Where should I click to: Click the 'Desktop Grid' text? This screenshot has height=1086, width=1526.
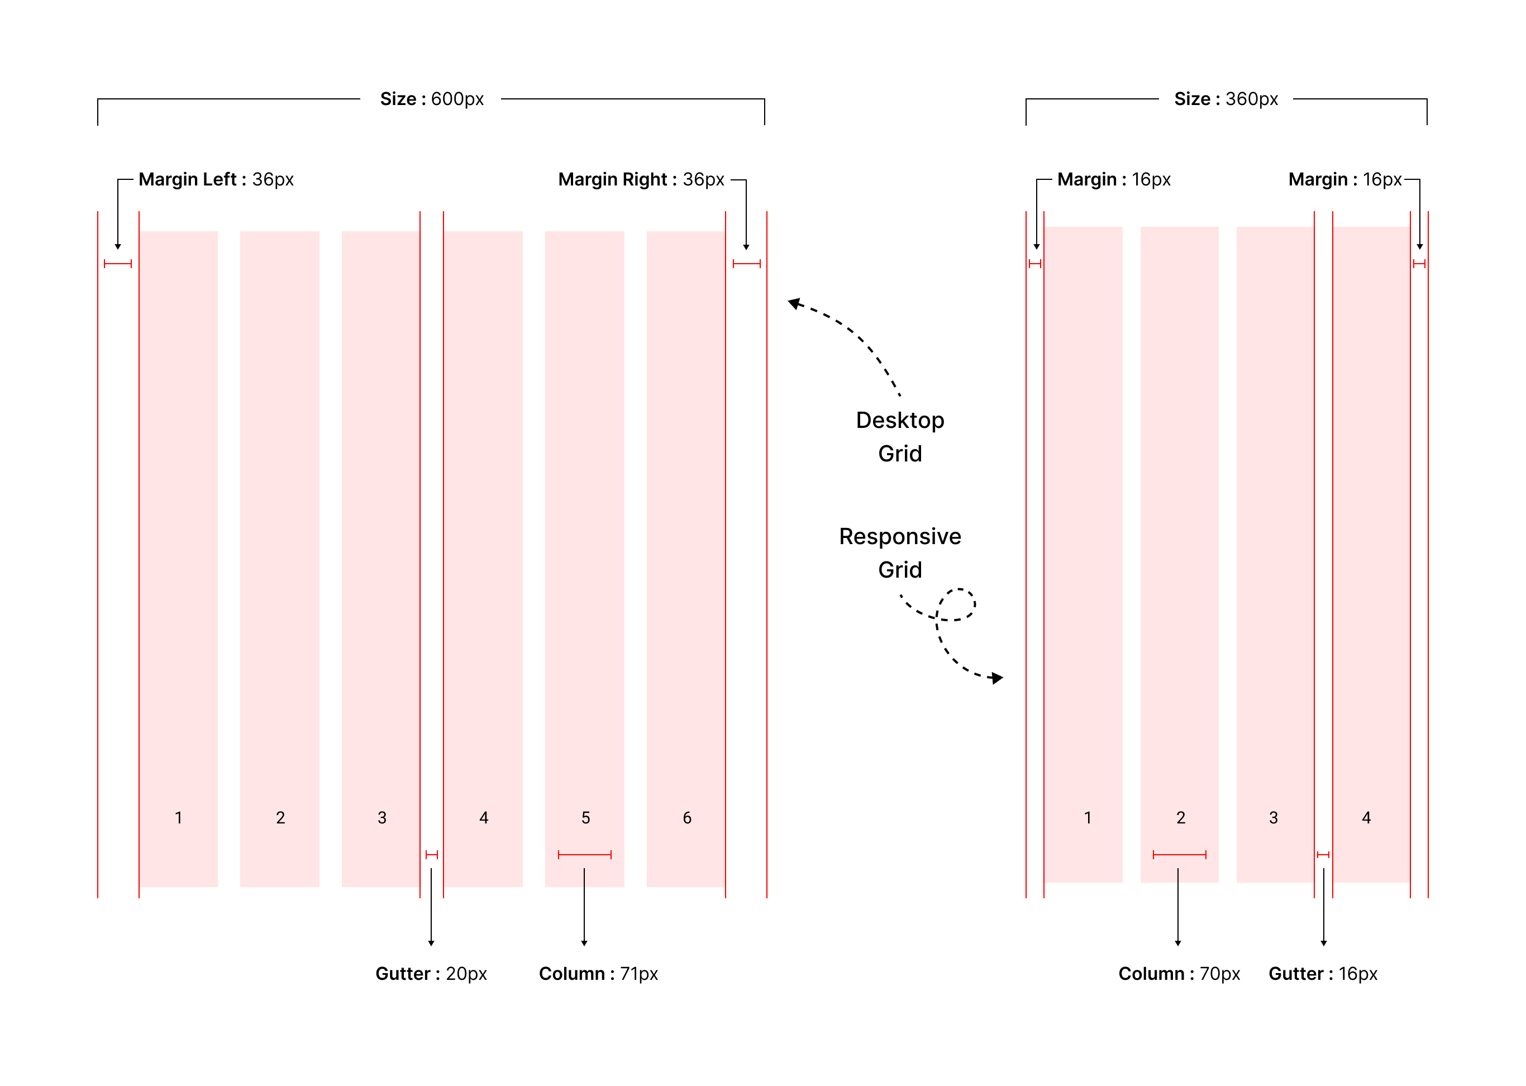[899, 437]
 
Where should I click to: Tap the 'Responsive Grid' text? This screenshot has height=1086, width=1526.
[899, 552]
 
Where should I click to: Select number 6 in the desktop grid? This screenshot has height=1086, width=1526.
[687, 817]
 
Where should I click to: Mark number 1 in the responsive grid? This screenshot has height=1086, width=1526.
[1088, 817]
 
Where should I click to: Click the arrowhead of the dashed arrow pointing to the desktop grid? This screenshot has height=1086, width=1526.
[794, 303]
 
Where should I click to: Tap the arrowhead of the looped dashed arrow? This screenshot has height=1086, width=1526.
[996, 678]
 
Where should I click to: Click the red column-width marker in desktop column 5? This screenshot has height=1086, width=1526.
[584, 854]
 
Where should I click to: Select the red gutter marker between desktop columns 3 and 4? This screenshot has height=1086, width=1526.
[431, 854]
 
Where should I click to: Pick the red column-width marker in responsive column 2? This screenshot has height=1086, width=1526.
[1179, 854]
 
